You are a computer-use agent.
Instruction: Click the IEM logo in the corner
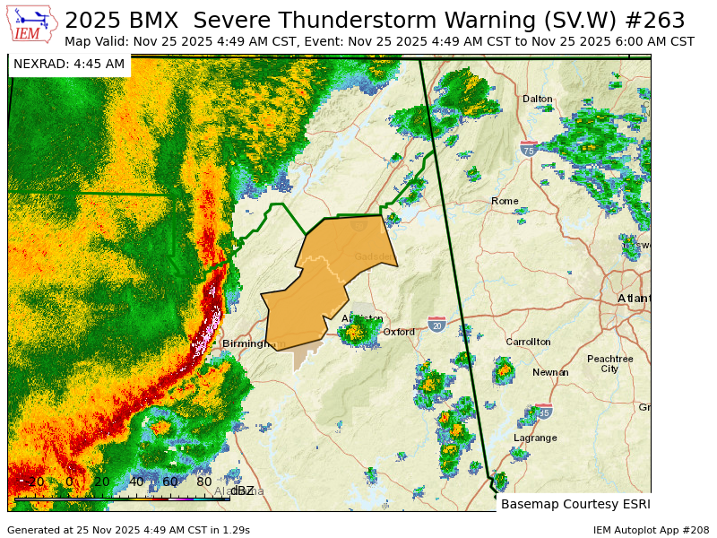33,24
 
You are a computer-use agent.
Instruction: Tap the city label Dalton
538,99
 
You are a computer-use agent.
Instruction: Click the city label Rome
505,201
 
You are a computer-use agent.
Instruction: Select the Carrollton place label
528,342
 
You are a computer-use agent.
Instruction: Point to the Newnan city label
550,372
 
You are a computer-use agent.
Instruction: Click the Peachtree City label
609,363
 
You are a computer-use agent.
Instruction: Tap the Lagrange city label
535,438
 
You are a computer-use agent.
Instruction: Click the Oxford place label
399,332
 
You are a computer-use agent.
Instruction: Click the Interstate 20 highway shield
436,325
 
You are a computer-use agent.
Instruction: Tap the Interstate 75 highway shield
529,150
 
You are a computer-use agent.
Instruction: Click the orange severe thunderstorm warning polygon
327,278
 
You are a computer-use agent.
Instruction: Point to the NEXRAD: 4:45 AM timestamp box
69,64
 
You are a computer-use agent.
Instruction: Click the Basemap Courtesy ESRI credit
575,504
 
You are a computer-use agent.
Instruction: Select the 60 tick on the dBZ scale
170,482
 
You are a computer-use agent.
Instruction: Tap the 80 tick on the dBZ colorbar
204,482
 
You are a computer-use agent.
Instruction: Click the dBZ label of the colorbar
242,490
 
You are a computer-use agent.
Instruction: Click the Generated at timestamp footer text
128,530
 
